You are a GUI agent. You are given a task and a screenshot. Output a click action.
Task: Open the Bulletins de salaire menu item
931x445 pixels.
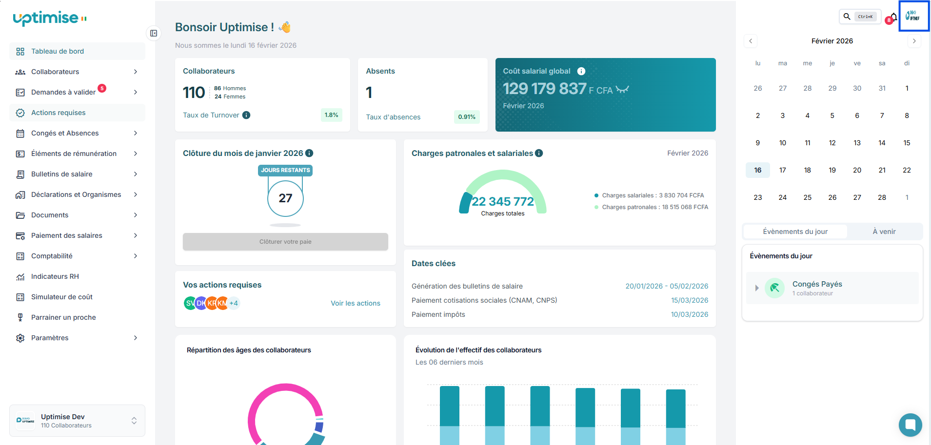61,174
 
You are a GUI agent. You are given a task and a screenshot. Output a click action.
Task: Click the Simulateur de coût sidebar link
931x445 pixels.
61,297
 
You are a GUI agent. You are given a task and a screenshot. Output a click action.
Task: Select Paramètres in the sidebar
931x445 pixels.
50,338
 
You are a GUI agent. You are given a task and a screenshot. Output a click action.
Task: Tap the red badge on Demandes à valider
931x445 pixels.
102,88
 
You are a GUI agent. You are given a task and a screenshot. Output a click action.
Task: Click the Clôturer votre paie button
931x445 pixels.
285,242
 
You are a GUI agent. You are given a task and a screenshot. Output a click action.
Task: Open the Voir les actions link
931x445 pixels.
355,303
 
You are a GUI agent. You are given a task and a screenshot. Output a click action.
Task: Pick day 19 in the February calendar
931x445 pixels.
832,170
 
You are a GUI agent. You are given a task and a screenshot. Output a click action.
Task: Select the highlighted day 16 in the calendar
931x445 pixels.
757,170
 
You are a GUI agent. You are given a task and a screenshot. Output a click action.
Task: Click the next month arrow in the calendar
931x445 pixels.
914,41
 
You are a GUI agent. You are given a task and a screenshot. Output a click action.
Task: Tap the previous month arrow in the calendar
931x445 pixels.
751,41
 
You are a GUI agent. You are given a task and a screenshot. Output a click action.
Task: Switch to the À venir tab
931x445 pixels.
884,232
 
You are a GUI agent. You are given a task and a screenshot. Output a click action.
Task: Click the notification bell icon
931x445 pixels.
893,17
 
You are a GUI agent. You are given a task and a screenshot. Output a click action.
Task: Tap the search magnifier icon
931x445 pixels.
847,17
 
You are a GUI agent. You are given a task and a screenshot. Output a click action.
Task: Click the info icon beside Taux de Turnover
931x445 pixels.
246,115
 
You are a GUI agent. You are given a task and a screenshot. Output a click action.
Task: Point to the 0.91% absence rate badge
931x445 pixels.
466,117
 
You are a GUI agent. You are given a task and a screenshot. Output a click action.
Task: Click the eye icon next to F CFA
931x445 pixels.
622,90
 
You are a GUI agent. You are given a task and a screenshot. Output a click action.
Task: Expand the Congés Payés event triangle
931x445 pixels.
756,288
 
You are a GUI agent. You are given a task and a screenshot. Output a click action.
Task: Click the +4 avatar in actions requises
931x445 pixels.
234,303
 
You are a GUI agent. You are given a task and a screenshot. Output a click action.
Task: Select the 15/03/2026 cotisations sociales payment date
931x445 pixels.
689,300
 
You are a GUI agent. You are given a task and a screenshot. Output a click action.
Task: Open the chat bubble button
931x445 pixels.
910,425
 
